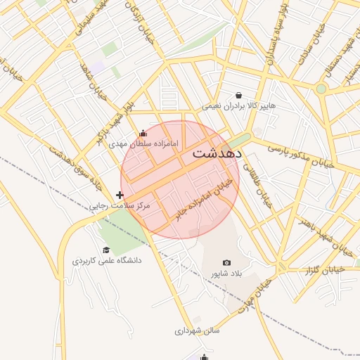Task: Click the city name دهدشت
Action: pos(217,153)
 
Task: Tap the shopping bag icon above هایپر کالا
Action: pos(239,95)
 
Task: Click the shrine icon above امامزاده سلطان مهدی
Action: pos(143,134)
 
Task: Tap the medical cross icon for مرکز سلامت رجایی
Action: pos(120,195)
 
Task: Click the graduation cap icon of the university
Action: pos(106,250)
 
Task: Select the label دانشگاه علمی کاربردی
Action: pos(107,261)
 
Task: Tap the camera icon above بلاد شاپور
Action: pos(226,262)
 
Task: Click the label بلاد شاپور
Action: pos(226,273)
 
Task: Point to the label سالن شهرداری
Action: pos(198,330)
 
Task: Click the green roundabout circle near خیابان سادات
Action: pos(321,89)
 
